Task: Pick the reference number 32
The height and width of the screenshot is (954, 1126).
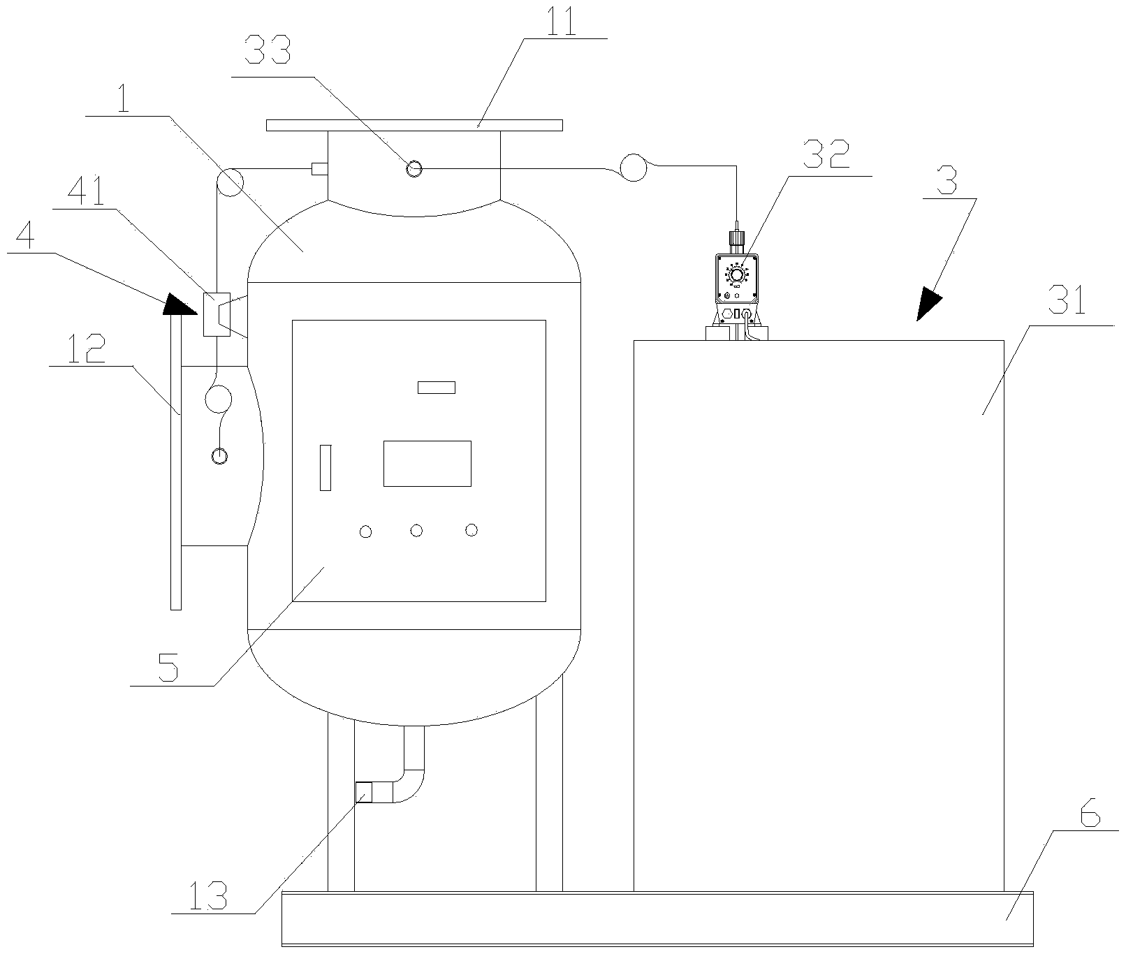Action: click(x=826, y=156)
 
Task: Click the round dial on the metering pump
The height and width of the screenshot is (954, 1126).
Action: click(x=736, y=274)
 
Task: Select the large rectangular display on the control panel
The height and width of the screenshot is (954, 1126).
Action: click(x=427, y=463)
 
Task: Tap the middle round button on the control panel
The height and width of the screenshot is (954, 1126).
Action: click(x=416, y=531)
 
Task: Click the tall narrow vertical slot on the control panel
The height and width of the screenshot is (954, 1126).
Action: click(x=326, y=467)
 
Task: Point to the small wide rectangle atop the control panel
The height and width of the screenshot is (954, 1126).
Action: click(x=437, y=387)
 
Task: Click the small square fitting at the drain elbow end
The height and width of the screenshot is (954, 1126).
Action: click(x=364, y=792)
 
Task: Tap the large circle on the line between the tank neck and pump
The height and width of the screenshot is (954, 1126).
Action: click(x=634, y=168)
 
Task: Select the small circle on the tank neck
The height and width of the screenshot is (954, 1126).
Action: click(x=414, y=168)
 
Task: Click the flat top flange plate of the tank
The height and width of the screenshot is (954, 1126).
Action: click(x=414, y=125)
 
